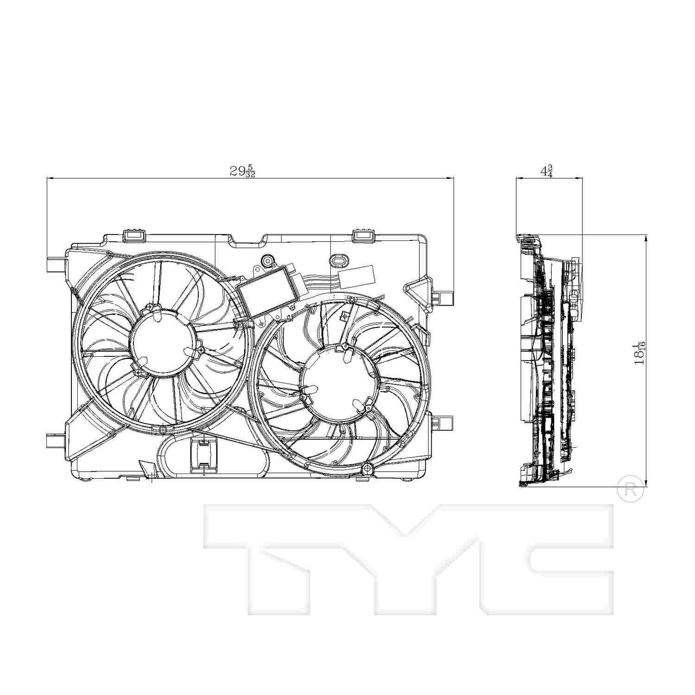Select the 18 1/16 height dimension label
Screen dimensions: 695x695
click(640, 354)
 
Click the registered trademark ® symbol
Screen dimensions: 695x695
click(631, 492)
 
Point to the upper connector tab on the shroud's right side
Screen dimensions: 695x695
click(442, 297)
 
